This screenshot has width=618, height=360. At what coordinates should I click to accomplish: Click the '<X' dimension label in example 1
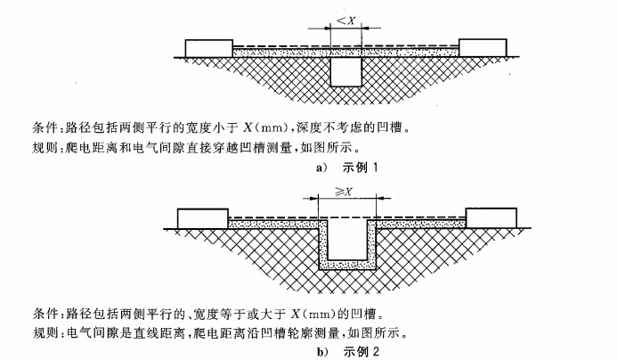point(346,20)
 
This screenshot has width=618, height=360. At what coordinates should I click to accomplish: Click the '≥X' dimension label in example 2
point(344,192)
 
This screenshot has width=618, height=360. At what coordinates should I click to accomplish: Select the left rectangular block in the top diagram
point(209,48)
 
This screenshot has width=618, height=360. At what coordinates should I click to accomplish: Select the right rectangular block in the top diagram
point(483,48)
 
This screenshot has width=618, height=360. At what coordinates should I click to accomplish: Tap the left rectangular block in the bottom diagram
point(202,218)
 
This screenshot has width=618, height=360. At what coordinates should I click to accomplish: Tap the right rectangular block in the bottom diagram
point(491,218)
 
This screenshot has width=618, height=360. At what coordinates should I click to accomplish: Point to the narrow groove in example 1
point(346,71)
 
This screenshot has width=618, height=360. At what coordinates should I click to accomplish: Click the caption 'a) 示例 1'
point(346,168)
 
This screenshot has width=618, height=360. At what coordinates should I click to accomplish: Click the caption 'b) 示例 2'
point(347,351)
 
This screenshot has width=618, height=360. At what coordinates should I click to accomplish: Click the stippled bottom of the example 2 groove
point(347,265)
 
